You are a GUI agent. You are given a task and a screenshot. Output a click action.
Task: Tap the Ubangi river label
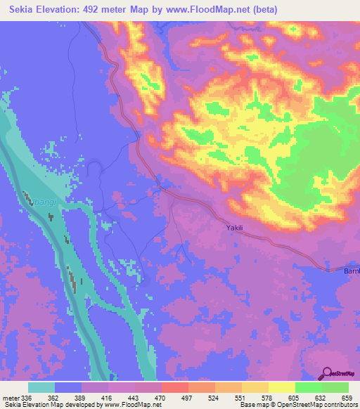43,203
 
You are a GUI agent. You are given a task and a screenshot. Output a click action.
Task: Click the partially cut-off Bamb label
351,271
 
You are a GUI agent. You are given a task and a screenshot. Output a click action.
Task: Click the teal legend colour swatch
41,387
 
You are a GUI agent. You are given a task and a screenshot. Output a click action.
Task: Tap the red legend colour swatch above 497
174,387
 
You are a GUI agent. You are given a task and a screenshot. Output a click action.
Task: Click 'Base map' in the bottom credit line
252,405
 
